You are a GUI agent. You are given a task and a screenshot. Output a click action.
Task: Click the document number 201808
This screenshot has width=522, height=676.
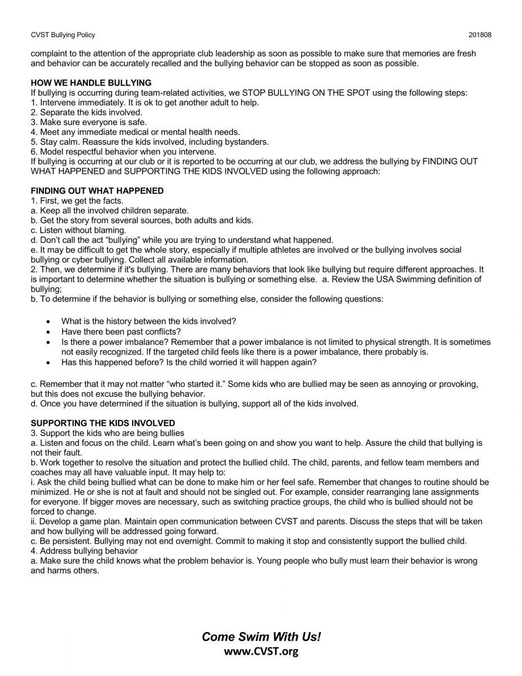coord(480,34)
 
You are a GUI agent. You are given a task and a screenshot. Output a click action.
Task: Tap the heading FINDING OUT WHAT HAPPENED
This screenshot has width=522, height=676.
coord(97,191)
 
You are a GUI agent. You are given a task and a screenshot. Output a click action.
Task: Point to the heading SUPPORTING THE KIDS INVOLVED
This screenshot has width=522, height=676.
coord(102,423)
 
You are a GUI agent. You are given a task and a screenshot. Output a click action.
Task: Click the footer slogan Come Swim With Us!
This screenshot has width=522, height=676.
coord(261,637)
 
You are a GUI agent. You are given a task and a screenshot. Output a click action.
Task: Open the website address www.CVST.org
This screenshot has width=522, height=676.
coord(261,652)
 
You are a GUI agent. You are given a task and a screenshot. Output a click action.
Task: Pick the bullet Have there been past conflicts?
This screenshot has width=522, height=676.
coord(121,332)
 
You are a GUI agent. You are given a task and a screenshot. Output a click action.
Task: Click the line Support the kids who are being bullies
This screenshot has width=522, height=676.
coord(107,433)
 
